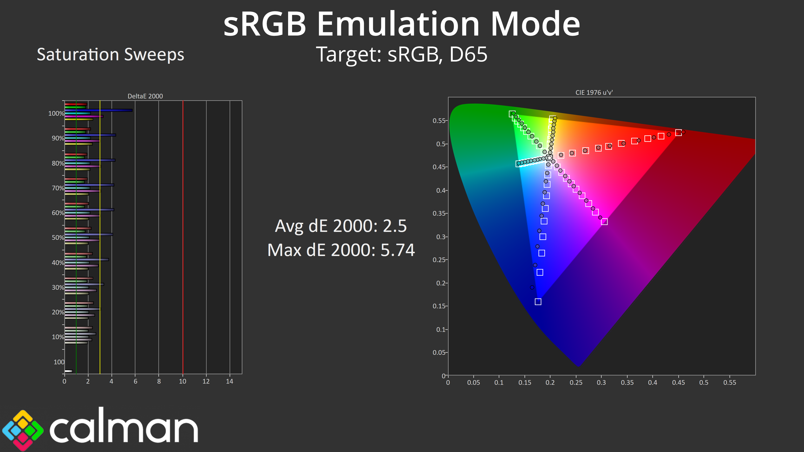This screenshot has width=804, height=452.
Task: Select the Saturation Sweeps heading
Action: (x=111, y=55)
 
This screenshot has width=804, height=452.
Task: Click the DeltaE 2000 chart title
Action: (x=145, y=96)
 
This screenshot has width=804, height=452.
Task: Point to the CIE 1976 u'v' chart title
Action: (x=594, y=92)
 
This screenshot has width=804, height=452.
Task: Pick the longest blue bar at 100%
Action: (x=98, y=110)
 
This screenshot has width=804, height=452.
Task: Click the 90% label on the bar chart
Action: (x=58, y=138)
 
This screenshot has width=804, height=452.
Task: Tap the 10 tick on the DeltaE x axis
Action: (x=183, y=381)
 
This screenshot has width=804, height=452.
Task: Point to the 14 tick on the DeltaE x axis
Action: (x=229, y=381)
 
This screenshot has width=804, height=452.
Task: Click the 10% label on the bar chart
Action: (x=58, y=337)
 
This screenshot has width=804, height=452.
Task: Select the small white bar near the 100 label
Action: (x=68, y=371)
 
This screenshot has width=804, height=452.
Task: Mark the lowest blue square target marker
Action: (x=538, y=302)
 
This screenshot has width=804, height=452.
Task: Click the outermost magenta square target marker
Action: (x=604, y=221)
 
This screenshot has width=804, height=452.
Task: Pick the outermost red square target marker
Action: (x=678, y=133)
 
